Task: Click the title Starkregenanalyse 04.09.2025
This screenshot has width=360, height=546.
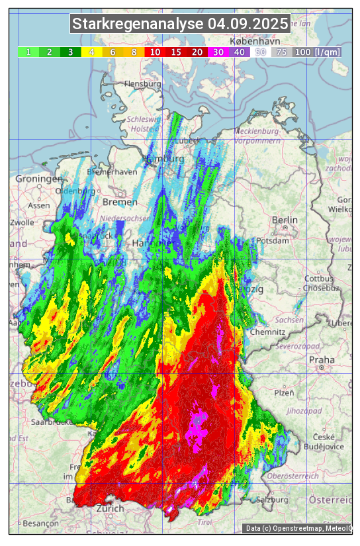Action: (180, 24)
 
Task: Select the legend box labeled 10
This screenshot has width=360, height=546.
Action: (155, 52)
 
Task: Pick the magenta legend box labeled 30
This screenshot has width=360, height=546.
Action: (218, 52)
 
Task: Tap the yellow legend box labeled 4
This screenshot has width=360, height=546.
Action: (91, 52)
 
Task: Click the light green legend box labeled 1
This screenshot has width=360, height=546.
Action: (28, 52)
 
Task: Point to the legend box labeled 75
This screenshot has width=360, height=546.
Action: (281, 52)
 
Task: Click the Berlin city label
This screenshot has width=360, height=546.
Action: (285, 220)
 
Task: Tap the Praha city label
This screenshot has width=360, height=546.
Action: (322, 360)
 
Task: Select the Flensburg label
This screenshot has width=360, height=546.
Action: (142, 85)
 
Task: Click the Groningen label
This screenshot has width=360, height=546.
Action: (38, 179)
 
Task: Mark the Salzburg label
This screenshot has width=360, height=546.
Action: (274, 500)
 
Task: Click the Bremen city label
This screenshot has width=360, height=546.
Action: (120, 202)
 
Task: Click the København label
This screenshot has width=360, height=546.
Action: (250, 41)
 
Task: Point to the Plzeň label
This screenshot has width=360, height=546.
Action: (283, 392)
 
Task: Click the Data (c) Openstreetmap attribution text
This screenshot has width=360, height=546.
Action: (298, 528)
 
